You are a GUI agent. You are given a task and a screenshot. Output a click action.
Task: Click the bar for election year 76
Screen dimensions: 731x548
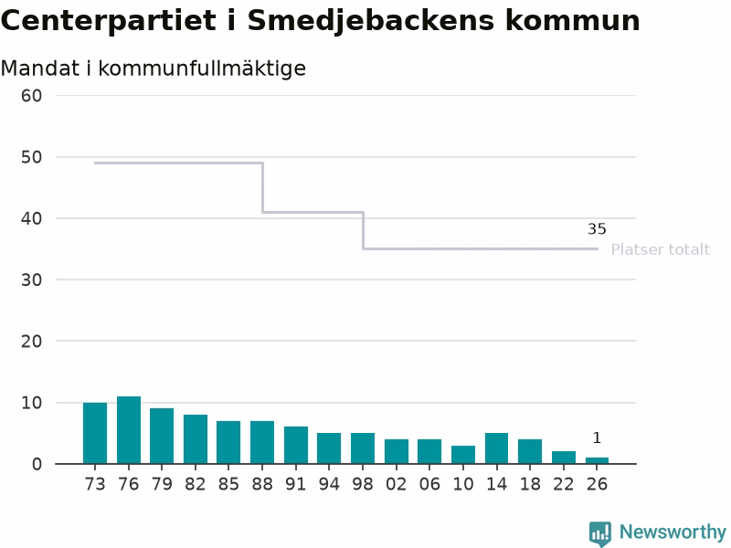click(129, 430)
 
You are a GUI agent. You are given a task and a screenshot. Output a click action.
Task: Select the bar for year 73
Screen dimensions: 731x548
click(95, 433)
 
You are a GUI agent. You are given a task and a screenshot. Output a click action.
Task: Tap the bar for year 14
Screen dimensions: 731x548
click(496, 448)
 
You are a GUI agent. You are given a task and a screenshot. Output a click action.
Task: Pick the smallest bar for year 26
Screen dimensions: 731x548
click(598, 461)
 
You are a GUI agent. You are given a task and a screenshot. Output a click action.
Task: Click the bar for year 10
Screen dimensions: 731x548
click(463, 455)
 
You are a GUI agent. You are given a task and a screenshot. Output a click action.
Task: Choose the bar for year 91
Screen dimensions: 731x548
click(296, 445)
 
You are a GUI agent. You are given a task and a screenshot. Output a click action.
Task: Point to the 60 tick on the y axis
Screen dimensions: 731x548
click(31, 96)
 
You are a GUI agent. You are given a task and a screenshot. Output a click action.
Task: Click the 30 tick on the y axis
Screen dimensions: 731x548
click(31, 279)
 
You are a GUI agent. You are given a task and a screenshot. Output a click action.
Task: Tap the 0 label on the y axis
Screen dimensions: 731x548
click(37, 464)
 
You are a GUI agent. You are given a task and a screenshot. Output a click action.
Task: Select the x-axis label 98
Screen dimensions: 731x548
click(363, 484)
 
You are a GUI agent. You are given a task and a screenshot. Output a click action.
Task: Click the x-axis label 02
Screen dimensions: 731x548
click(397, 484)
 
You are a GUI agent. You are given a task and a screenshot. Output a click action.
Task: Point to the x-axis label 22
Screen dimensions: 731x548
click(564, 484)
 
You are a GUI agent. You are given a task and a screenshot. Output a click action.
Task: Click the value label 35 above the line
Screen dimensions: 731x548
click(598, 229)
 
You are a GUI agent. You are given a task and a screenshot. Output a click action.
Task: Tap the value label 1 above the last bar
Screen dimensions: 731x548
click(598, 437)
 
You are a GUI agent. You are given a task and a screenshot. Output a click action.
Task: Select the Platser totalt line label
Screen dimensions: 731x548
click(660, 249)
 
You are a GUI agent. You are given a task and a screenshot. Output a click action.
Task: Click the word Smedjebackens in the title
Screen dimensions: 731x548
click(370, 21)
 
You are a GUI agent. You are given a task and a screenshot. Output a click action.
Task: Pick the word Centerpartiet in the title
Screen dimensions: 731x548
click(109, 21)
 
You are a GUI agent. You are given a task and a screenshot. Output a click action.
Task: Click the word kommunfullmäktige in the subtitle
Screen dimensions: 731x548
click(202, 68)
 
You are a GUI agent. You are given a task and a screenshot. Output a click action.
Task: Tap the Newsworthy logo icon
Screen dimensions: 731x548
click(600, 533)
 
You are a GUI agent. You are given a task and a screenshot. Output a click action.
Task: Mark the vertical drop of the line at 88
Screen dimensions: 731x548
click(263, 188)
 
